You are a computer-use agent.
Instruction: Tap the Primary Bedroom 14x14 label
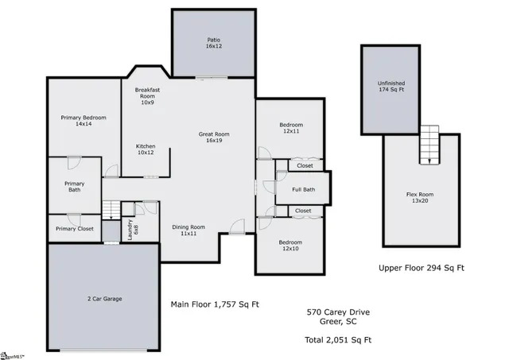click(x=84, y=121)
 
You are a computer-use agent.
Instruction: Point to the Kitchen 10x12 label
click(x=146, y=150)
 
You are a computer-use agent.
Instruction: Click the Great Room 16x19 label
click(x=214, y=138)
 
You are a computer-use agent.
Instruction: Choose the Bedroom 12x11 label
click(x=289, y=129)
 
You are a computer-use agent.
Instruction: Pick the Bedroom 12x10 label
click(x=289, y=246)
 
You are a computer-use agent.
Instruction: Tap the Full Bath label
click(x=304, y=189)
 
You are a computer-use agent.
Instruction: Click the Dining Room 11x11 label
click(x=188, y=231)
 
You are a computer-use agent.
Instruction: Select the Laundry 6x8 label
click(x=133, y=228)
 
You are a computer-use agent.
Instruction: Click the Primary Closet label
click(x=74, y=229)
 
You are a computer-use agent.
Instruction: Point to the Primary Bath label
click(x=74, y=187)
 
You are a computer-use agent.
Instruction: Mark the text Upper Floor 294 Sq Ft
click(x=422, y=268)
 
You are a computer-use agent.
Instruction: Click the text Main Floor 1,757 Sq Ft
click(x=215, y=304)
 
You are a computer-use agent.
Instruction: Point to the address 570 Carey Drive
click(x=339, y=312)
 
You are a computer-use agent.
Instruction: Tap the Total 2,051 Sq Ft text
click(x=339, y=339)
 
